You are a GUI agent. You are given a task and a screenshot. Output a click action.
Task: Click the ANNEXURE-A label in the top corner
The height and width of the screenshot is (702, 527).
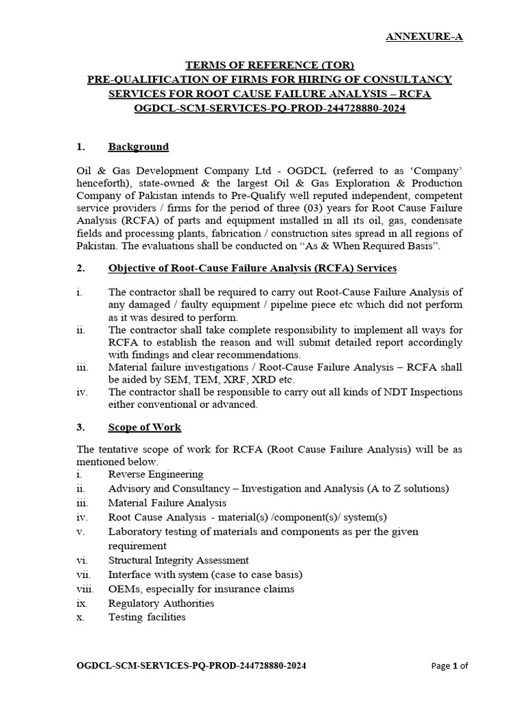coord(423,36)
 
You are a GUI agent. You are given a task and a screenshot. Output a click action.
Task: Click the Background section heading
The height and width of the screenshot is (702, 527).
coord(138,147)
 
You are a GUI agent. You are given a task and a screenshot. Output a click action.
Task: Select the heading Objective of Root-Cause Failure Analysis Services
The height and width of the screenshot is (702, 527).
coord(252,267)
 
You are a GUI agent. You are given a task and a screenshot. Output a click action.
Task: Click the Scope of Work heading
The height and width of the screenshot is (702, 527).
coord(144,427)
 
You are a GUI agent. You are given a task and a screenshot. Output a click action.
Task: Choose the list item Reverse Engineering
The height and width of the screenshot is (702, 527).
coord(156,474)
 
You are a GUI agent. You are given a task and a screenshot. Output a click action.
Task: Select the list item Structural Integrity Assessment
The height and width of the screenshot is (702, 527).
coord(178,560)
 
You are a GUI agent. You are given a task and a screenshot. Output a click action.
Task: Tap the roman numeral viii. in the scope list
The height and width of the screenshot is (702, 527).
coord(84,589)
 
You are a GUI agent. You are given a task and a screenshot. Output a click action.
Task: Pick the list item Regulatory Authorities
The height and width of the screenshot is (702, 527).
coord(161,603)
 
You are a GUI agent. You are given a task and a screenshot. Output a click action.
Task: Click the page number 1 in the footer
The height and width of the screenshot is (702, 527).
coord(454,666)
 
